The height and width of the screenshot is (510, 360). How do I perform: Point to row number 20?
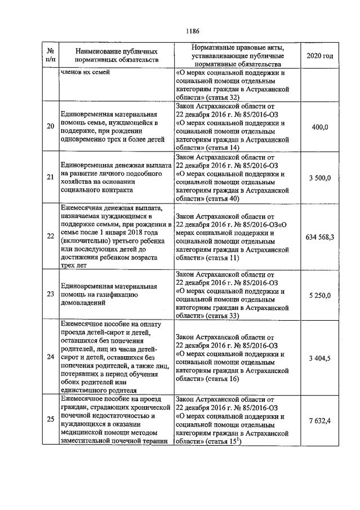point(50,127)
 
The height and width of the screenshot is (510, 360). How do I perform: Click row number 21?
point(50,178)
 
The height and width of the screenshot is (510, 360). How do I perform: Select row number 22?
point(50,236)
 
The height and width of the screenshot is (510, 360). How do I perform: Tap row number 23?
point(50,294)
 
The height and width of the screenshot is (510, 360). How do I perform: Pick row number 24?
point(50,357)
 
